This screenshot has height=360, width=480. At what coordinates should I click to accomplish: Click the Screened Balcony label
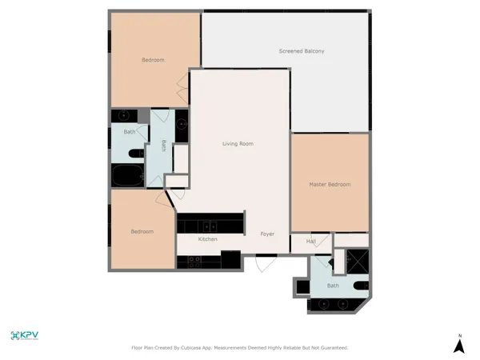coord(301,51)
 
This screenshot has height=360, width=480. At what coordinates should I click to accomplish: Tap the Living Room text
coord(238,144)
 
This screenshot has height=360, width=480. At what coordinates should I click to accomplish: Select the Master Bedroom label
coord(330,185)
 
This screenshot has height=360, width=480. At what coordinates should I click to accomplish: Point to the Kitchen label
coord(208,239)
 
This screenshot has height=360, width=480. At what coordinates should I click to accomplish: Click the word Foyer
coord(267,234)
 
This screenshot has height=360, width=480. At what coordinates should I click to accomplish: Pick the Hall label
coord(311,241)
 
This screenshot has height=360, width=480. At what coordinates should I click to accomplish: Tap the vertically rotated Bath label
coord(163,146)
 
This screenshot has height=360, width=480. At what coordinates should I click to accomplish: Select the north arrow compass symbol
coord(459,345)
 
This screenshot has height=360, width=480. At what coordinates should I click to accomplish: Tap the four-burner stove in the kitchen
coord(195,260)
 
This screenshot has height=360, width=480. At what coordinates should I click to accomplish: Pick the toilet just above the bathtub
coord(134,154)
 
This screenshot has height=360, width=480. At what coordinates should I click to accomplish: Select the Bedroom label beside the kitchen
coord(142,232)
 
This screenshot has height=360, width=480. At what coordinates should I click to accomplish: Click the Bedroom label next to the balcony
coord(153,61)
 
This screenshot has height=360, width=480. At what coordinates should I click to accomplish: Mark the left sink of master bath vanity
coord(323,304)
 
